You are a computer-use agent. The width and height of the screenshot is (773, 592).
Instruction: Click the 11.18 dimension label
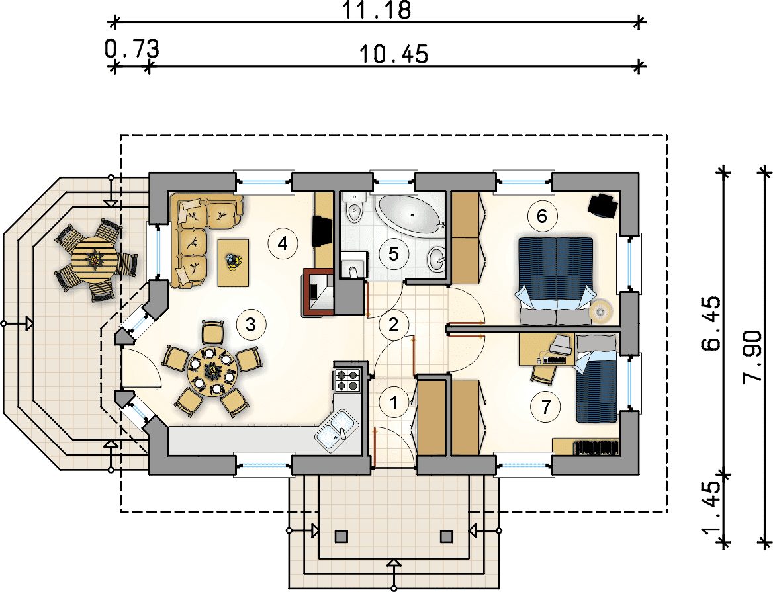coord(377,10)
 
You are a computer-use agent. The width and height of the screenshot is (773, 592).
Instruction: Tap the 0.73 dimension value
coord(132,49)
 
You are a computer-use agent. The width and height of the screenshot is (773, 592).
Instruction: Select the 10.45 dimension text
coord(393,54)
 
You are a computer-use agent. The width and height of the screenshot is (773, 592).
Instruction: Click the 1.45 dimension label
coord(711,508)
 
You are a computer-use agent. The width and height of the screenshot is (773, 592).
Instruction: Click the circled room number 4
coord(283,243)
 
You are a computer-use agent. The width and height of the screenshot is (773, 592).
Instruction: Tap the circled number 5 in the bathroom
coord(393,254)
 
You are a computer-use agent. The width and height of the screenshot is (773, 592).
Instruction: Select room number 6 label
coord(542,216)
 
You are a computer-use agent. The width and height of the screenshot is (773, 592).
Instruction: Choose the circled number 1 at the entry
coord(394,403)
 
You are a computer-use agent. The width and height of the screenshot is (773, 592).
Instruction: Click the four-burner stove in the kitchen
coord(347,380)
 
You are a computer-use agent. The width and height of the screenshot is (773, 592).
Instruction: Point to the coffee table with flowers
coord(233,263)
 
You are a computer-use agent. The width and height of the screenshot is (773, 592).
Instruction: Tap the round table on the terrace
coord(94,259)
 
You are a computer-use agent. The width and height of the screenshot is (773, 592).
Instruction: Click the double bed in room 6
coord(556,281)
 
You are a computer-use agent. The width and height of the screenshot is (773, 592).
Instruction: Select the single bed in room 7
coord(596,378)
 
